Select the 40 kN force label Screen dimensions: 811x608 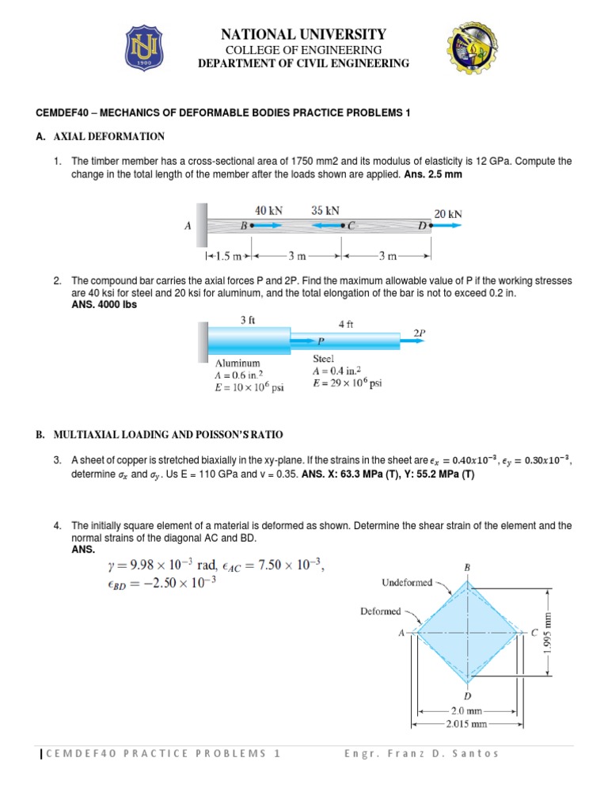(x=268, y=211)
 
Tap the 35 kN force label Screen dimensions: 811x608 (x=325, y=211)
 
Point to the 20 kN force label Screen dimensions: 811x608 (x=448, y=213)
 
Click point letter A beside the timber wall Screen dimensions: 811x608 (x=188, y=226)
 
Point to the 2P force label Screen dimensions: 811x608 (x=418, y=334)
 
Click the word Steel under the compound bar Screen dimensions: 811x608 (x=325, y=358)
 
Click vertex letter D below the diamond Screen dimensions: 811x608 (x=468, y=695)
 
